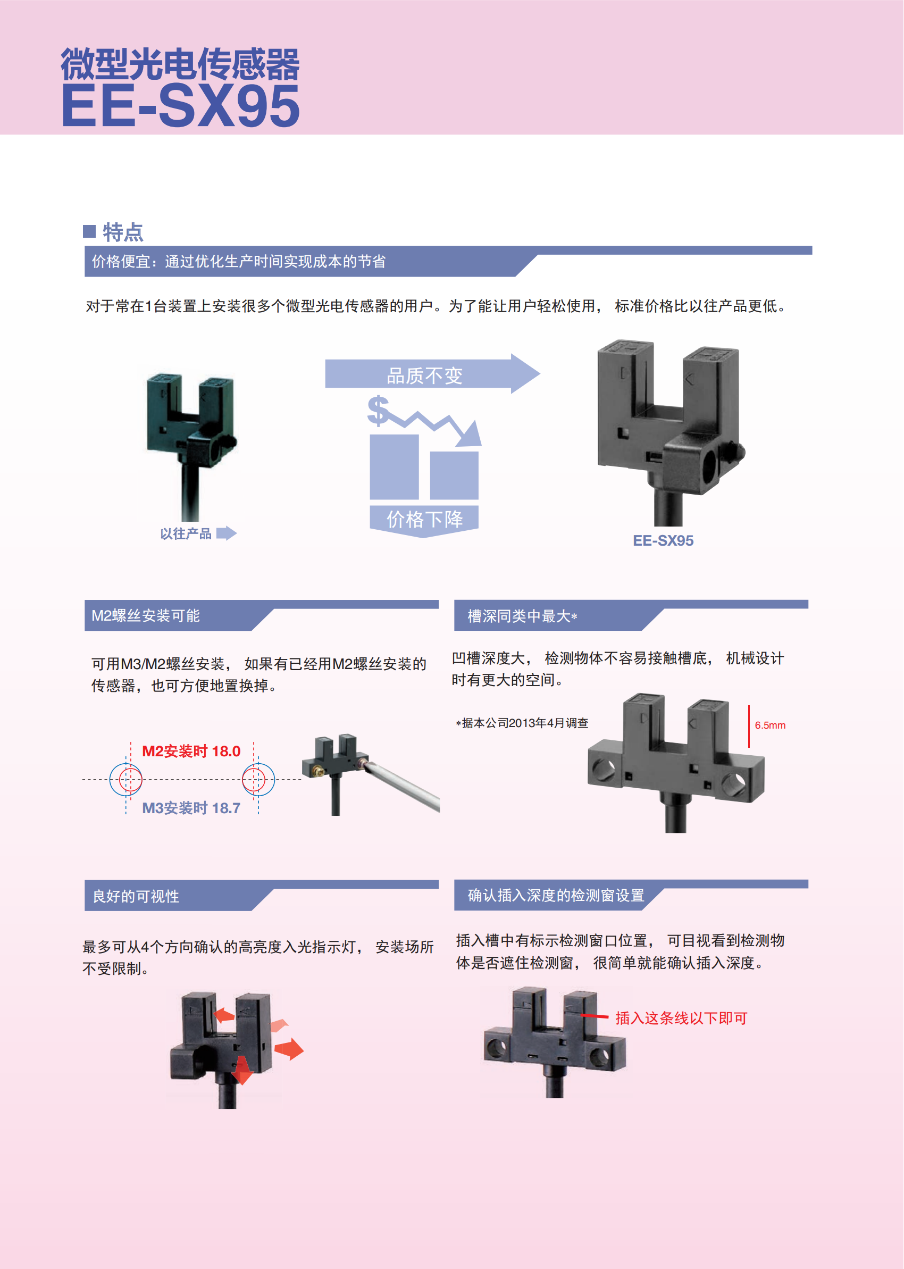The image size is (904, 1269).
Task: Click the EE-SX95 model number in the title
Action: (x=180, y=106)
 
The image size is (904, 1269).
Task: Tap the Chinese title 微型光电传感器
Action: (x=180, y=64)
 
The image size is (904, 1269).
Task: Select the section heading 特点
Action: (x=123, y=232)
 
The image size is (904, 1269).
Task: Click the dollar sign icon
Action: (x=379, y=410)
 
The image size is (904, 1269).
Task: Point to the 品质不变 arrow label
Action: (x=424, y=375)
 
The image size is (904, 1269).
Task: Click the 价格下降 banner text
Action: (x=424, y=519)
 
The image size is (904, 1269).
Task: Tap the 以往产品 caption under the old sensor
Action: (x=186, y=534)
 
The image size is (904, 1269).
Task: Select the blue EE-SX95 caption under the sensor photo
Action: (x=663, y=540)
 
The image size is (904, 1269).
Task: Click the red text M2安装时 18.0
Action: (x=191, y=752)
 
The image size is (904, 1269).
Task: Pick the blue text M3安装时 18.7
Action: (x=191, y=808)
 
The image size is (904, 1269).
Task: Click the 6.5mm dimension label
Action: (x=770, y=725)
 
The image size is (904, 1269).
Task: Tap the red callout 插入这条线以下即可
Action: (x=681, y=1018)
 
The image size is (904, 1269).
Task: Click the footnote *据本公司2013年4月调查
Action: (x=522, y=723)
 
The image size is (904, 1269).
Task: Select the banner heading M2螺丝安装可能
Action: (x=145, y=615)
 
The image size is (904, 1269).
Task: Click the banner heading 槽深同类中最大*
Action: (x=522, y=616)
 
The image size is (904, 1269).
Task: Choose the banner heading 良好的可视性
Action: (x=136, y=896)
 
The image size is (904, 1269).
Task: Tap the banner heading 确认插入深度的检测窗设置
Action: (x=556, y=895)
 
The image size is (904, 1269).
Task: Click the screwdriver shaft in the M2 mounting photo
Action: (x=406, y=788)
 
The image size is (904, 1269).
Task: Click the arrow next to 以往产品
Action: (x=227, y=533)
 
